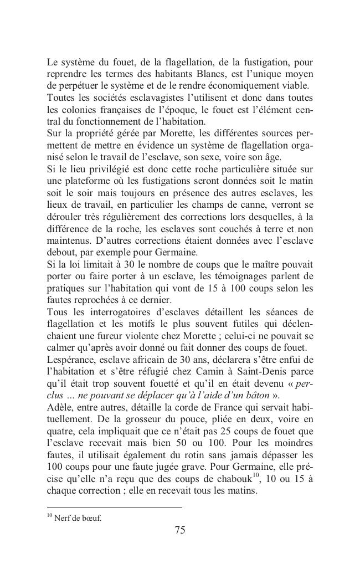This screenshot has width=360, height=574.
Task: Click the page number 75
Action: (179, 530)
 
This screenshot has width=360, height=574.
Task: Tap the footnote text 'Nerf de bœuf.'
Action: (78, 519)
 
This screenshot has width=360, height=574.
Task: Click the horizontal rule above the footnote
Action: (114, 508)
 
